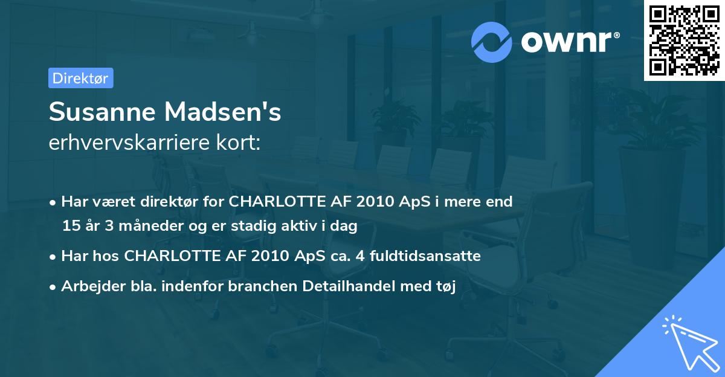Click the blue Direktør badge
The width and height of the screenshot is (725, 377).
(80, 78)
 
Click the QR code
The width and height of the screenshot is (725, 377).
(683, 40)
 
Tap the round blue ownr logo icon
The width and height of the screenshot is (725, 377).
(492, 42)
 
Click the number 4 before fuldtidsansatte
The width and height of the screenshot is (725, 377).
(360, 256)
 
